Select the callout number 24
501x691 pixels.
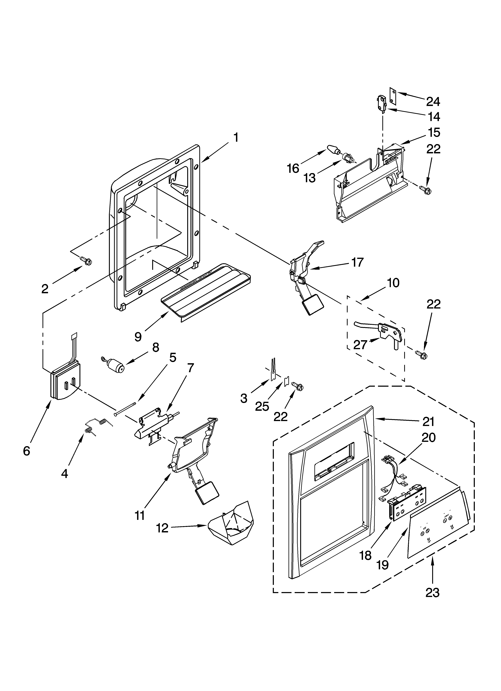point(433,101)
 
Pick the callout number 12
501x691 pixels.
point(162,528)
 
